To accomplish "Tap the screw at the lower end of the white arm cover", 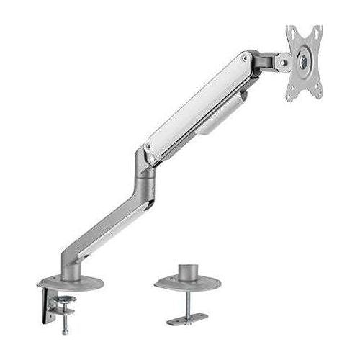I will [x=149, y=147].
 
